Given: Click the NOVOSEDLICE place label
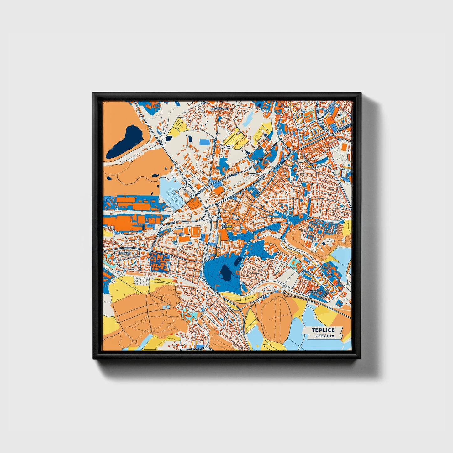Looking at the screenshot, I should [220, 108].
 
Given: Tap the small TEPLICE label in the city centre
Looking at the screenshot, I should [226, 226].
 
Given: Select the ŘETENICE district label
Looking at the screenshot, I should [124, 253].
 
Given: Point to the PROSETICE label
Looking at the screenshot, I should [315, 291].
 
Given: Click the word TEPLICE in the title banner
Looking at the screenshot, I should [323, 330].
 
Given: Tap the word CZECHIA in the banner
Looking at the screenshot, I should [325, 336].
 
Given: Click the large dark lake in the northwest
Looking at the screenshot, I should [124, 142].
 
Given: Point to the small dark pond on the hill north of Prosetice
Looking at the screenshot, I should [323, 243].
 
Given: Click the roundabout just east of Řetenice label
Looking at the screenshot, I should [151, 250].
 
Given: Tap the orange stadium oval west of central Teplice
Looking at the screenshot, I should [196, 232].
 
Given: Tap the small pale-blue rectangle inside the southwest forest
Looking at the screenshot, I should [166, 306].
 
